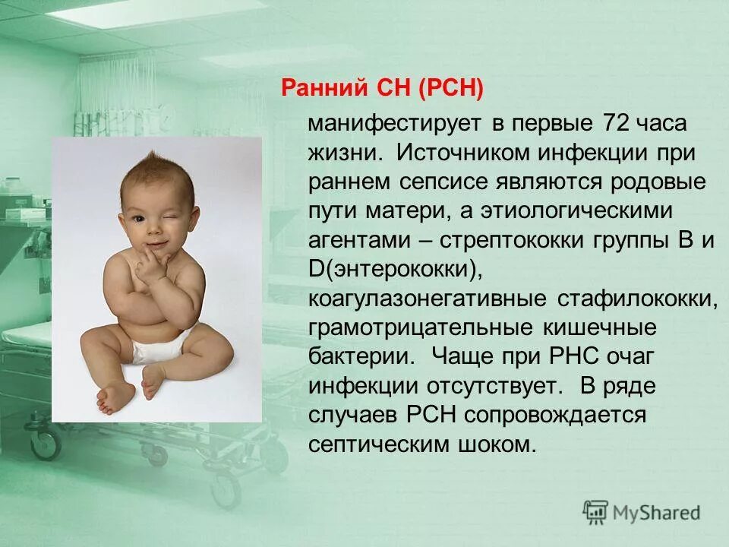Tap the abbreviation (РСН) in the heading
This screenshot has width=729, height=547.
(450, 88)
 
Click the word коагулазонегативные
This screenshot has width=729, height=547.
(427, 299)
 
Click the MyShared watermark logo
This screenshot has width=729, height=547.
(642, 512)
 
